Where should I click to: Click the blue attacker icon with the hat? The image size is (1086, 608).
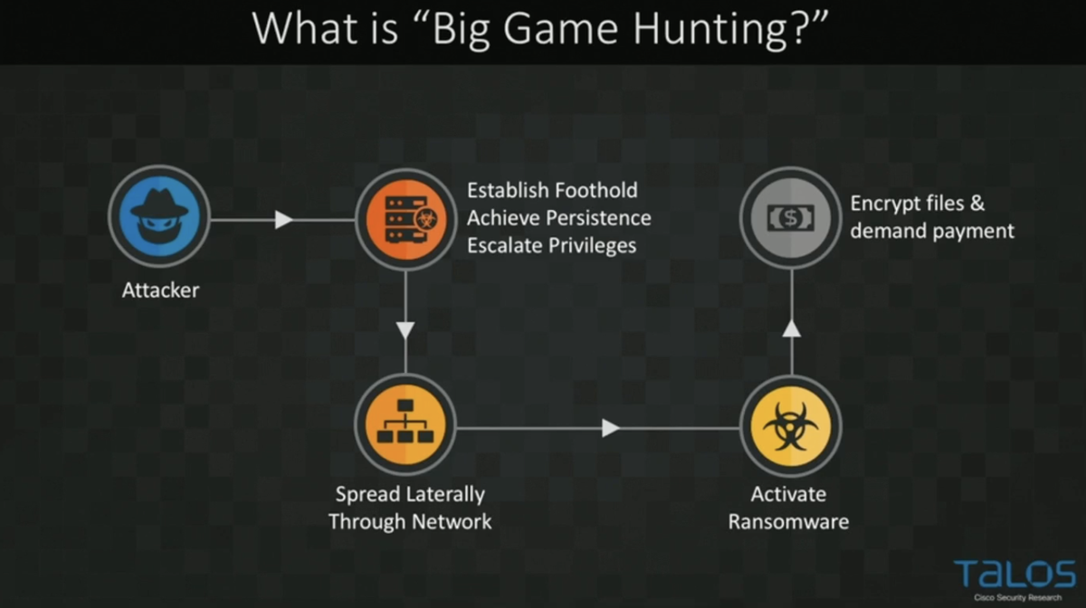pyautogui.click(x=159, y=216)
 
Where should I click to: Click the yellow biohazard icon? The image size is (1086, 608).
pyautogui.click(x=790, y=424)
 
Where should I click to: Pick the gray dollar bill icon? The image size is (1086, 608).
pyautogui.click(x=790, y=217)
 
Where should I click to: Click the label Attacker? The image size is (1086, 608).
pyautogui.click(x=160, y=290)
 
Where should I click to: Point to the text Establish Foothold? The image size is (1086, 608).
pyautogui.click(x=552, y=190)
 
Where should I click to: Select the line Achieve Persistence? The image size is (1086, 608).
pyautogui.click(x=558, y=218)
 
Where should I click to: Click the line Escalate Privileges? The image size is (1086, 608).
pyautogui.click(x=551, y=245)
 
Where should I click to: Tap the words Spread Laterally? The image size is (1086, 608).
pyautogui.click(x=410, y=494)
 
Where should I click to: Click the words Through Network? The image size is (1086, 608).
pyautogui.click(x=410, y=521)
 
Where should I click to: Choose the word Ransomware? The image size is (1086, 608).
pyautogui.click(x=788, y=521)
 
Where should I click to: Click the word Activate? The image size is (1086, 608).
pyautogui.click(x=788, y=494)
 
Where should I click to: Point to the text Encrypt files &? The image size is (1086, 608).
pyautogui.click(x=917, y=203)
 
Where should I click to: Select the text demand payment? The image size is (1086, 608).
pyautogui.click(x=932, y=231)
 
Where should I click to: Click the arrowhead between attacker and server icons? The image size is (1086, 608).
pyautogui.click(x=284, y=219)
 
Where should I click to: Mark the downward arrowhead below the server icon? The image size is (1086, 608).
pyautogui.click(x=405, y=329)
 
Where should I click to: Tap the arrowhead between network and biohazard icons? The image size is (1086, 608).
pyautogui.click(x=611, y=427)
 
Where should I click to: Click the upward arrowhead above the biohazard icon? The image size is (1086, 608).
pyautogui.click(x=791, y=328)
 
